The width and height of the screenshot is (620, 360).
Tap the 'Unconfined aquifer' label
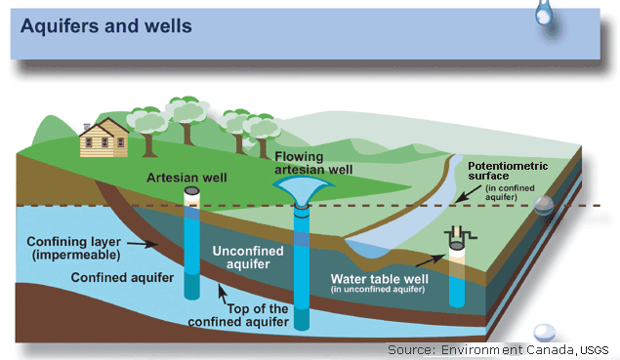click(250, 258)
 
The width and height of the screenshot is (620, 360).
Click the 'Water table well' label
click(377, 277)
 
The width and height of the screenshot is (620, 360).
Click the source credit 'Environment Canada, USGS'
click(498, 348)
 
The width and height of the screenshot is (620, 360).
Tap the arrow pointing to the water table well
click(427, 259)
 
